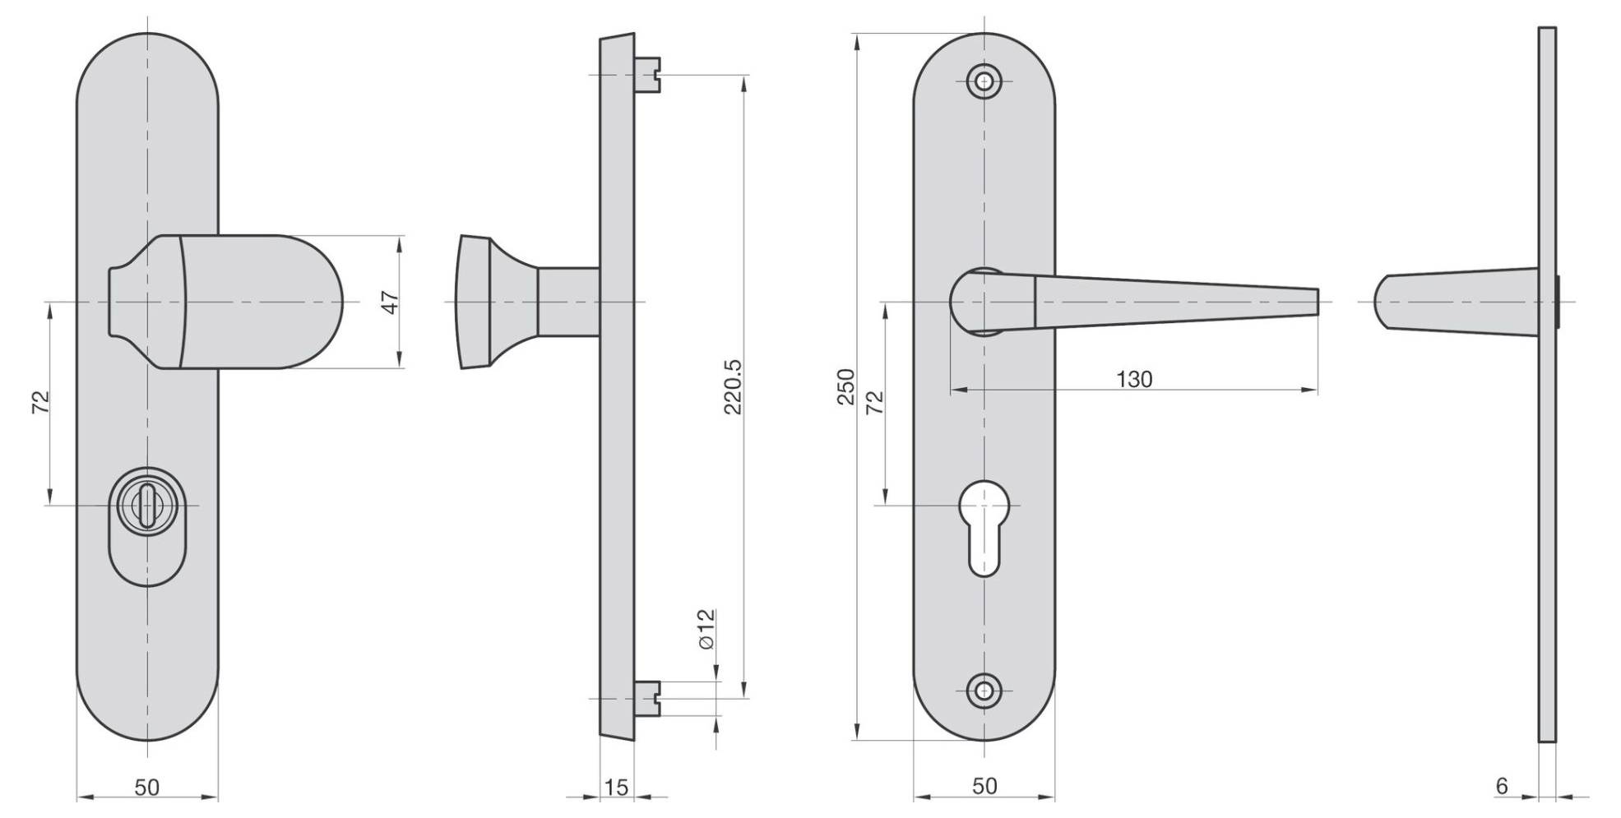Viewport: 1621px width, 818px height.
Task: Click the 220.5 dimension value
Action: (733, 386)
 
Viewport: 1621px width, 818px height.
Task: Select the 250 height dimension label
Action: (846, 386)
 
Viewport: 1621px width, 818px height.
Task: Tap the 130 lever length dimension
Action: (1134, 379)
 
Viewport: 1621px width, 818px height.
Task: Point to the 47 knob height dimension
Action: (391, 302)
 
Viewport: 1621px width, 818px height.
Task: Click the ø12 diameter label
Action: (706, 630)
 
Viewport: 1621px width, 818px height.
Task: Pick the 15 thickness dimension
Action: (616, 788)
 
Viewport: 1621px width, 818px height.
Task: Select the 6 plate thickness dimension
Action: (1502, 786)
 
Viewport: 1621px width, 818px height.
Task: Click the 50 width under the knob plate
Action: (146, 787)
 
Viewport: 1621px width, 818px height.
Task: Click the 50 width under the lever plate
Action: (984, 786)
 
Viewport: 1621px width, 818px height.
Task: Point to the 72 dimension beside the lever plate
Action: (876, 401)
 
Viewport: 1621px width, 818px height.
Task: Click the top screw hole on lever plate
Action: (984, 81)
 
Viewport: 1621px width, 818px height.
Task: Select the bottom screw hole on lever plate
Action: (984, 691)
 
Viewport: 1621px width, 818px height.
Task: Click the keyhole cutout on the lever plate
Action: (984, 527)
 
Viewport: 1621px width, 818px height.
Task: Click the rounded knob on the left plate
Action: (263, 302)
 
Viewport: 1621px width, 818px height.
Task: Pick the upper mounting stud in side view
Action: (649, 74)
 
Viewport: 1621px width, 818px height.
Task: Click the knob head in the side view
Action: (475, 302)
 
